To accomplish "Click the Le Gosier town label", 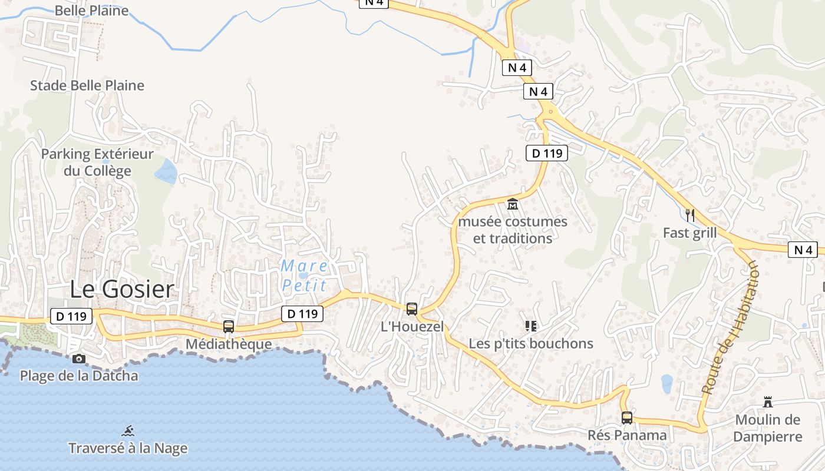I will [122, 289].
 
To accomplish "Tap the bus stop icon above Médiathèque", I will [228, 327].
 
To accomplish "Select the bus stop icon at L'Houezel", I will [412, 309].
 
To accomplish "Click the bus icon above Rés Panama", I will [627, 418].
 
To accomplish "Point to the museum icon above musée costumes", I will [513, 205].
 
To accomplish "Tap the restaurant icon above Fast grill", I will [690, 215].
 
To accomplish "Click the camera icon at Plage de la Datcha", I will [78, 359].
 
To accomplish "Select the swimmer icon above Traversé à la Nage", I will [128, 430].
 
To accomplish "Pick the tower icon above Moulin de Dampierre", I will [768, 402].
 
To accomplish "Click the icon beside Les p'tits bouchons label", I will [530, 326].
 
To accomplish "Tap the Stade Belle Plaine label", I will [87, 85].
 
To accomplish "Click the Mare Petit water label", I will [304, 276].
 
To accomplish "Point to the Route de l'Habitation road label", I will [730, 327].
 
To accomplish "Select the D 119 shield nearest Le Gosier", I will [71, 316].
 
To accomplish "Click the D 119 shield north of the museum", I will [546, 153].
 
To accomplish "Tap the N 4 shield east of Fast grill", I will [803, 250].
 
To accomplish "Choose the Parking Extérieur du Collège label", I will [97, 162].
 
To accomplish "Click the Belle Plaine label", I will [91, 10].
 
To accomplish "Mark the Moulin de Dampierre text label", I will [768, 428].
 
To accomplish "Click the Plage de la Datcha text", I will [79, 376].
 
